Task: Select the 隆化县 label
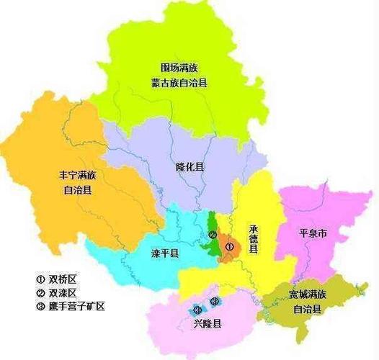coord(190,166)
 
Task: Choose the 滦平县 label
coord(165,253)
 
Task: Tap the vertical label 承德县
coord(253,238)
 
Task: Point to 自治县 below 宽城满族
coord(308,309)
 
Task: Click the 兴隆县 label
coord(207,324)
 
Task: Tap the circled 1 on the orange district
coord(230,247)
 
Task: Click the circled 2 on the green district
coord(212,235)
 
